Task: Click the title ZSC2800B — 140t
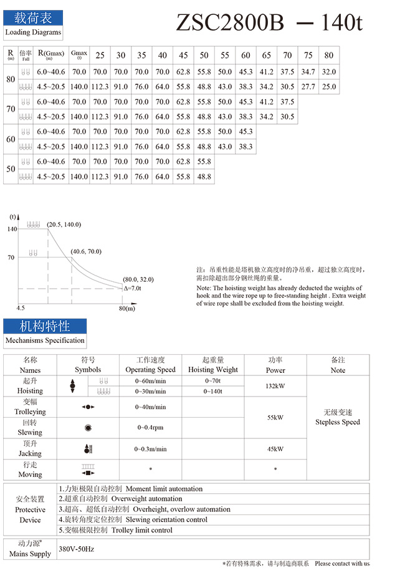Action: tap(269, 23)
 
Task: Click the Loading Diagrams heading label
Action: tap(33, 32)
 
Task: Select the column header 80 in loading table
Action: tap(329, 55)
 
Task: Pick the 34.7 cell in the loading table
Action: tap(308, 72)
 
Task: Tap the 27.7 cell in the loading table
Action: tap(308, 87)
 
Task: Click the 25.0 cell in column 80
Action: tap(329, 87)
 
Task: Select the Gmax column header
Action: tap(79, 54)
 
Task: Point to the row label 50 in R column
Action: tap(11, 169)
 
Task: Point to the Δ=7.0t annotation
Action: tap(133, 288)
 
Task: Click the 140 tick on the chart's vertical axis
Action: tap(12, 229)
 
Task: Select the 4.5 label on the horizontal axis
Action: tap(20, 308)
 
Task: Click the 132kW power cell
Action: tap(275, 386)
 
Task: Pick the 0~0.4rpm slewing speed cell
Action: tap(150, 428)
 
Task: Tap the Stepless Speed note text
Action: tap(338, 422)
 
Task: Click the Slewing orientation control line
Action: tap(167, 519)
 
